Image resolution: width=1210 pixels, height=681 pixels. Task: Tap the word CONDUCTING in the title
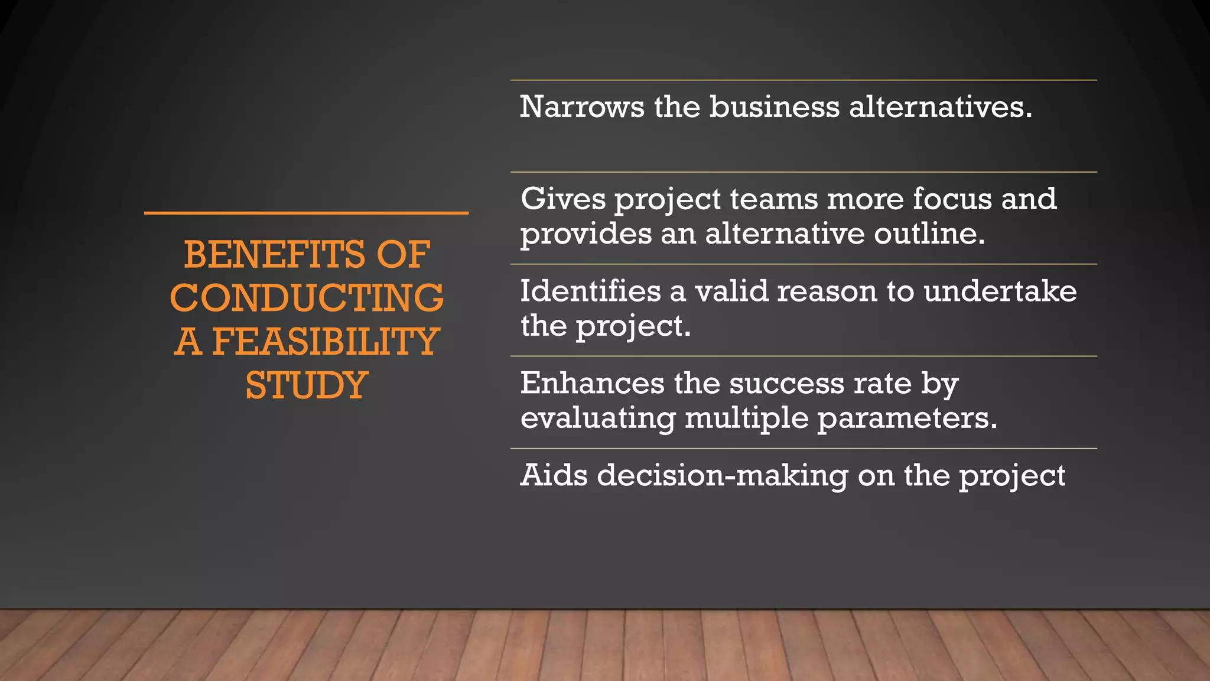[307, 298]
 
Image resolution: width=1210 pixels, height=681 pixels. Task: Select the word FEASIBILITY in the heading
[325, 342]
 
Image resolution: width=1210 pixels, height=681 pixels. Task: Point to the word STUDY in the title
[307, 385]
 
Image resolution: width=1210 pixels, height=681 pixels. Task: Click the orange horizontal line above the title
[306, 213]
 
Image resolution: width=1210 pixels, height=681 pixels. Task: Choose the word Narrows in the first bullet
[582, 107]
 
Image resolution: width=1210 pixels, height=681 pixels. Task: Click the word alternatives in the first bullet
[941, 107]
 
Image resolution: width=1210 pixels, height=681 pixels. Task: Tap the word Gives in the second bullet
[562, 199]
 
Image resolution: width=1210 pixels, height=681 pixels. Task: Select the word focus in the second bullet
[952, 199]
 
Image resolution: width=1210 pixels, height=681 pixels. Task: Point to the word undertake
[1000, 291]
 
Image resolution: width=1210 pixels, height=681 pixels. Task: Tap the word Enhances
[592, 383]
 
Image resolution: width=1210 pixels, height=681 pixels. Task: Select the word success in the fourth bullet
[786, 383]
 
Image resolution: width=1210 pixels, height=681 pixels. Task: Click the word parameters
[907, 419]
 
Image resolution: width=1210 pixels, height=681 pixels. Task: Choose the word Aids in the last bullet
[554, 475]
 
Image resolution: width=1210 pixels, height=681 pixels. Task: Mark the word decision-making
[723, 476]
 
